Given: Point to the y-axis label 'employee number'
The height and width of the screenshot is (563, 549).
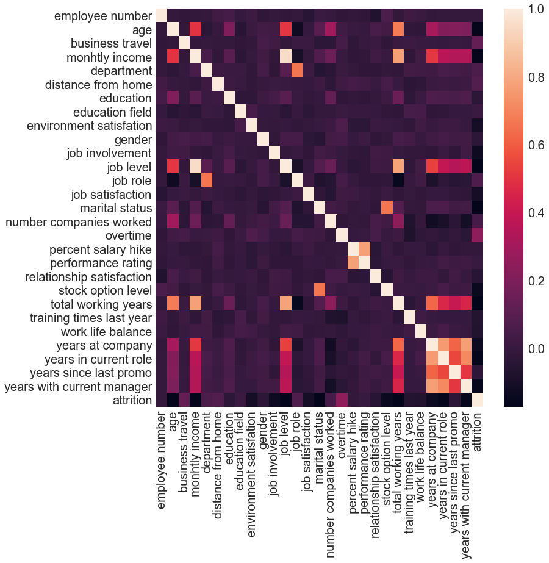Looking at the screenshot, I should pos(103,16).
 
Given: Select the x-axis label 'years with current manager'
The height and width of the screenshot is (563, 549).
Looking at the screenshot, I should pos(466,476).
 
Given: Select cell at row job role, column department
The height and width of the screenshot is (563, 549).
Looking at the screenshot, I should pos(206,180).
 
